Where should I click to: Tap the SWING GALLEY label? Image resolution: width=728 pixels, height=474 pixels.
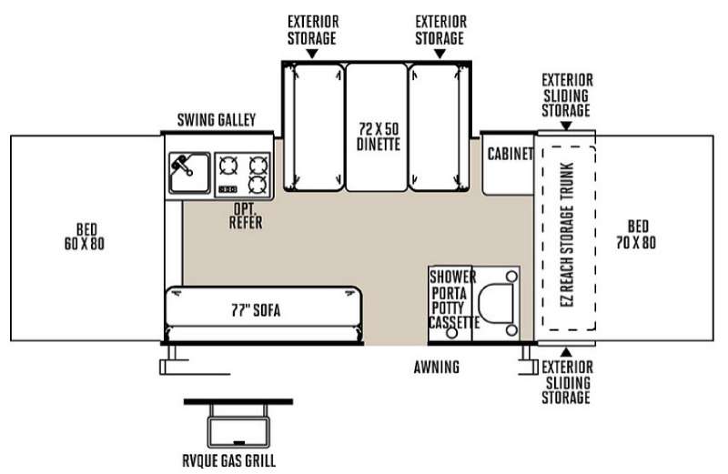217,120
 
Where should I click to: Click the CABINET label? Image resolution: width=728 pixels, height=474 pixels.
510,154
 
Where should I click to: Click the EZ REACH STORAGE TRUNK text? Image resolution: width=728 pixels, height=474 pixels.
567,239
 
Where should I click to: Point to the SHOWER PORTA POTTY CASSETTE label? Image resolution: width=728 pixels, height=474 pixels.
453,299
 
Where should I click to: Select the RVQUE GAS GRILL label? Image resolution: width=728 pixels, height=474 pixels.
238,459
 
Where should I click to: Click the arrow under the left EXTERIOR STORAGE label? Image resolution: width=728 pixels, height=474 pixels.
312,54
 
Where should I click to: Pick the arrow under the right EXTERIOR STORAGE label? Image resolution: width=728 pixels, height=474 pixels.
440,54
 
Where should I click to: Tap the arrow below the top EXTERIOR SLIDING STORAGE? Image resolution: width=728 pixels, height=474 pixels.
566,124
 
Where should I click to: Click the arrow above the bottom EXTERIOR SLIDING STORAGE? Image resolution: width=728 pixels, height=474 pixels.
566,351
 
